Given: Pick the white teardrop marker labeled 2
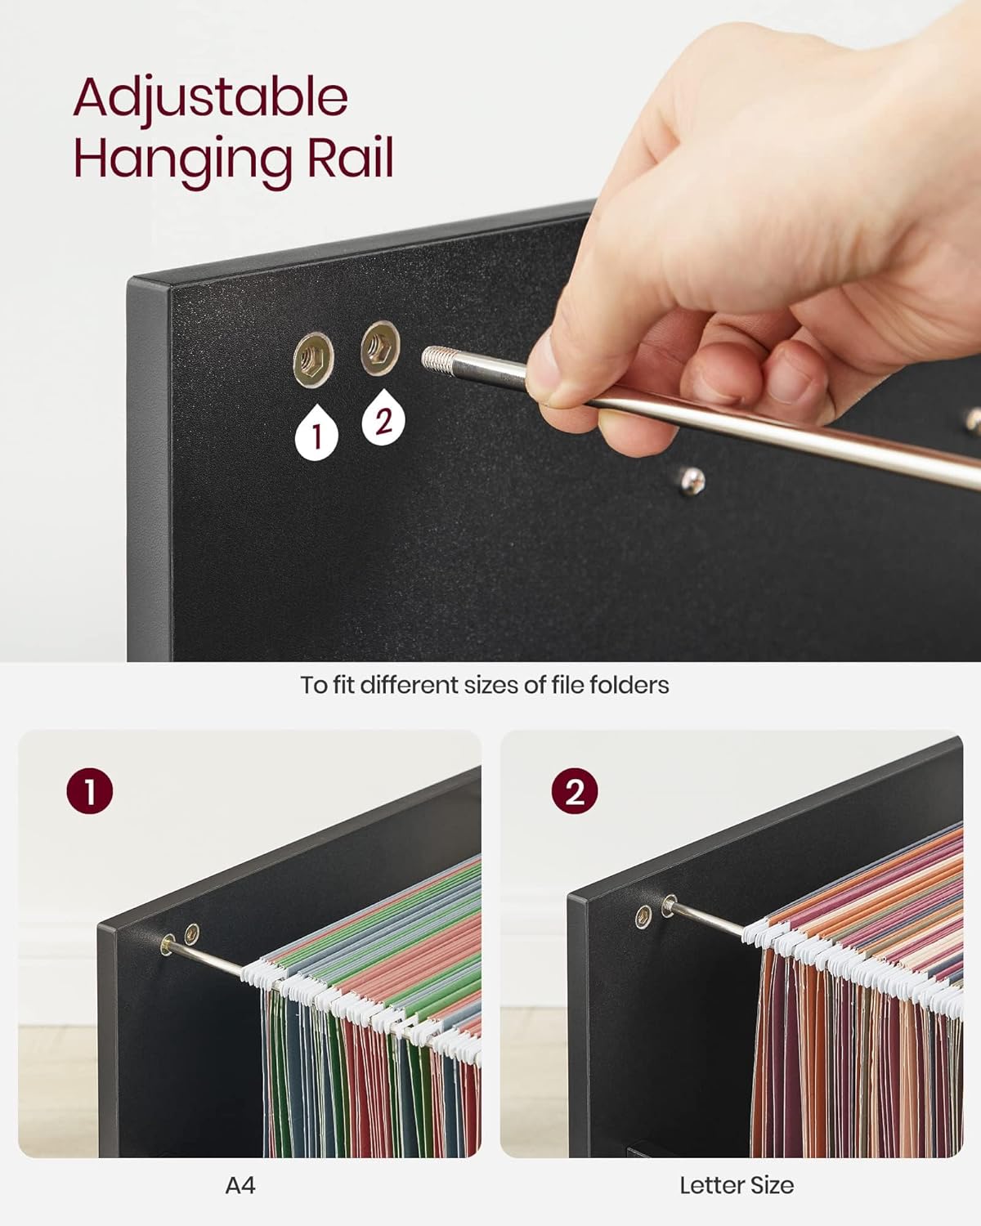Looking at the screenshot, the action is [383, 417].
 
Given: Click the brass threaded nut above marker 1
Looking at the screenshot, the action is [313, 360].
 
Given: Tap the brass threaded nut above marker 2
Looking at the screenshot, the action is [380, 348].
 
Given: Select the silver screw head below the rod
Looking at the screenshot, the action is [692, 481].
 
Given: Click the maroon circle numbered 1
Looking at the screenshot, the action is [89, 791].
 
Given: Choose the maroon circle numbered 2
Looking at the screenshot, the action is [575, 791].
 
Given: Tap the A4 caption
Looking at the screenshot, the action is [240, 1186].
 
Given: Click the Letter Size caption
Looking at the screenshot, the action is [737, 1186].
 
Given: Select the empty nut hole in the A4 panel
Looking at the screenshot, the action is [192, 933].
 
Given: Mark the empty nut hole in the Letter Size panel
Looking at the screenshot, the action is [643, 917].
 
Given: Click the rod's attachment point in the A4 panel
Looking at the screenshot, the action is [168, 945].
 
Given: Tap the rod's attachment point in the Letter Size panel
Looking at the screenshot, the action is [669, 906].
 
